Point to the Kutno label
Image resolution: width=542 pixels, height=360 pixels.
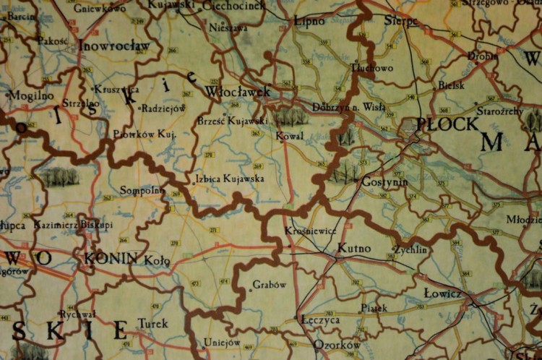(354, 248)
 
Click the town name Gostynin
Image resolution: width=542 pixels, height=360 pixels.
(385, 182)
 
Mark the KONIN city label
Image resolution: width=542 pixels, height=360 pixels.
(111, 257)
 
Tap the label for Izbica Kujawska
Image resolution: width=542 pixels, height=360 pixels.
(230, 178)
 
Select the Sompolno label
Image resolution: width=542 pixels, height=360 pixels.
(142, 191)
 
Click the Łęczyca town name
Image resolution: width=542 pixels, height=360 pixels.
(320, 319)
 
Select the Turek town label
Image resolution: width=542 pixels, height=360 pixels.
(152, 323)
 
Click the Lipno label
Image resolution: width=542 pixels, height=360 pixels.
(310, 21)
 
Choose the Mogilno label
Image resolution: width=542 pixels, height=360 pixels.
(30, 95)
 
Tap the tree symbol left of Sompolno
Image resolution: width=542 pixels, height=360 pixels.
(59, 176)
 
